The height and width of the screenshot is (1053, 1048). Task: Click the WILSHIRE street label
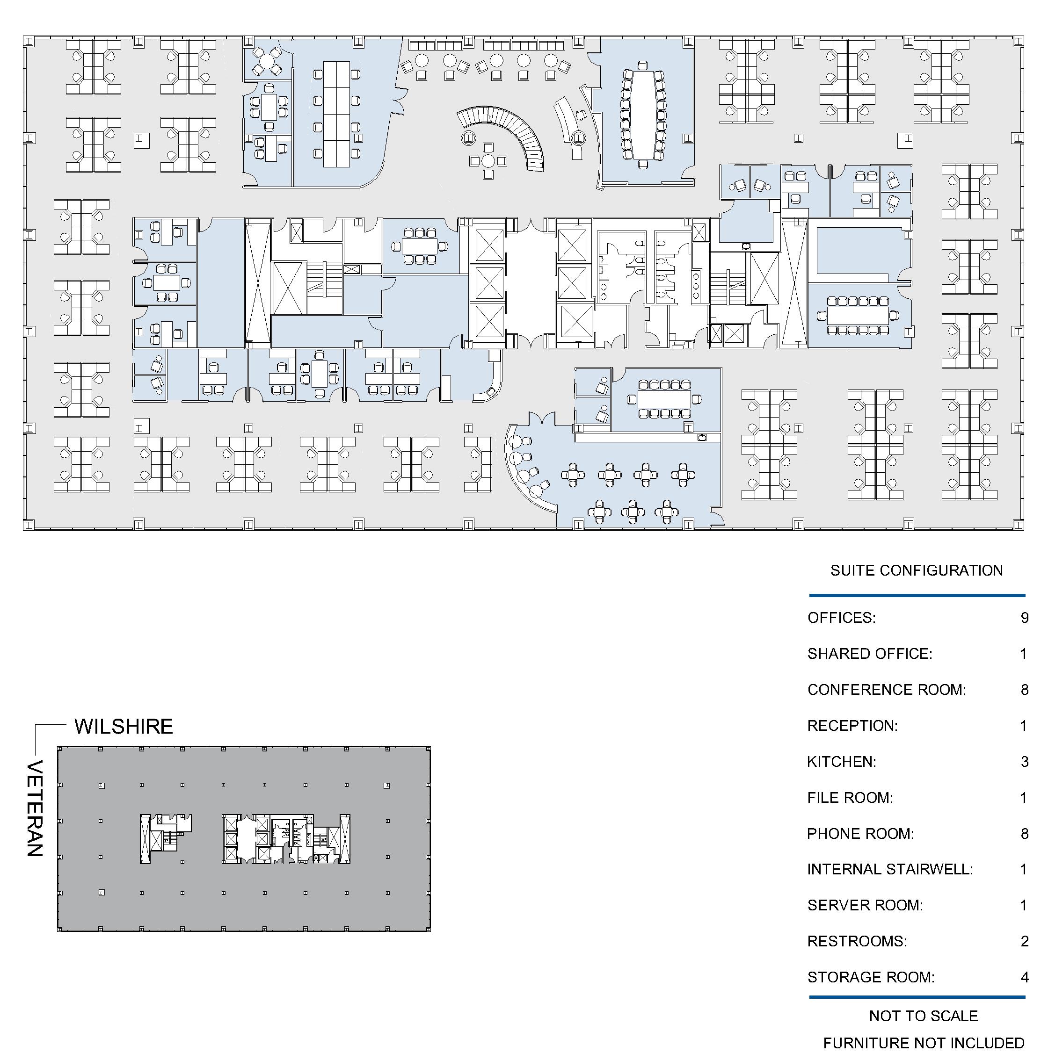(124, 727)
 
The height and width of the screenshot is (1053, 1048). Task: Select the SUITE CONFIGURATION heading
(917, 570)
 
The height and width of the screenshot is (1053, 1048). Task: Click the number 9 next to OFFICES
(1025, 618)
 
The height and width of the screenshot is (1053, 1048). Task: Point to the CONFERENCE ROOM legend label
(887, 690)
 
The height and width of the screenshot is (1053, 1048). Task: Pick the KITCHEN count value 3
(1025, 762)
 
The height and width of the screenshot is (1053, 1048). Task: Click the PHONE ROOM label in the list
(860, 834)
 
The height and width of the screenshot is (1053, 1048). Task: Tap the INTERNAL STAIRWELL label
(890, 869)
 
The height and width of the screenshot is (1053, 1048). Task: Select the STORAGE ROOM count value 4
(1025, 977)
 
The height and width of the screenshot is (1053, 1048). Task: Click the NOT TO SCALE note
(924, 1016)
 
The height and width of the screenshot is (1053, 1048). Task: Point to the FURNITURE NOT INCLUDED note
(924, 1043)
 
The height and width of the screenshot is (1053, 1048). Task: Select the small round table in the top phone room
(267, 62)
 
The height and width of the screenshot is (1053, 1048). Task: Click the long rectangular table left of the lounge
(336, 114)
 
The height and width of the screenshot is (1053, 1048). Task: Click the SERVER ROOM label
(865, 905)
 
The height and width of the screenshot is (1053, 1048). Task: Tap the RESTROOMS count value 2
(1025, 941)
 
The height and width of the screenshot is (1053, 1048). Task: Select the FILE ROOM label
(850, 798)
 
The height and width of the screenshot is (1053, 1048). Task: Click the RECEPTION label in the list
(852, 726)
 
